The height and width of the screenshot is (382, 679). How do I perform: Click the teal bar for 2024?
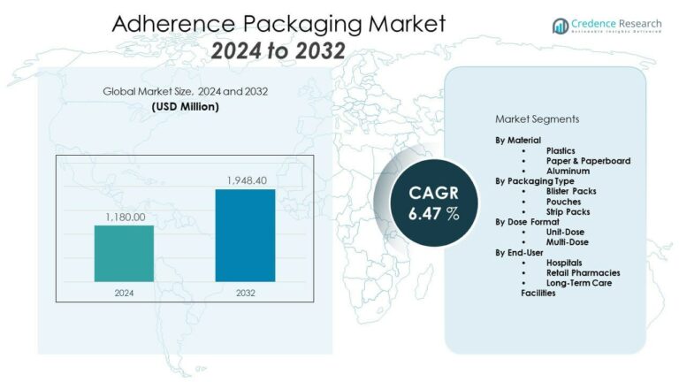point(124,254)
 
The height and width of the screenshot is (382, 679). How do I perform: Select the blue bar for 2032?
point(245,235)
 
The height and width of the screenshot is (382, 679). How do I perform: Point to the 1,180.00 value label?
point(124,216)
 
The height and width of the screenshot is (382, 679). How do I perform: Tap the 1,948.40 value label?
point(245,180)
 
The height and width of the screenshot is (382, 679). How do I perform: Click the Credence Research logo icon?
point(560,26)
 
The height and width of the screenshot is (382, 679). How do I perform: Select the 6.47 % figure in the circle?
point(434,213)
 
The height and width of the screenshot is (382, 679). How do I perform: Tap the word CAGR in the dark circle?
point(434,192)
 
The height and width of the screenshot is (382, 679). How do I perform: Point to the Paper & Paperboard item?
point(587,161)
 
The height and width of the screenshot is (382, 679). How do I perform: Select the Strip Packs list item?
point(568,211)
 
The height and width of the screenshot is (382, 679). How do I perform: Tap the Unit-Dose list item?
point(566,232)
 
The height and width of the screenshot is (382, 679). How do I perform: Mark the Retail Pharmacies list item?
point(583,272)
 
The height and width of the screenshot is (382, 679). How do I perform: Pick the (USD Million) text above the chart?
point(185,107)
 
